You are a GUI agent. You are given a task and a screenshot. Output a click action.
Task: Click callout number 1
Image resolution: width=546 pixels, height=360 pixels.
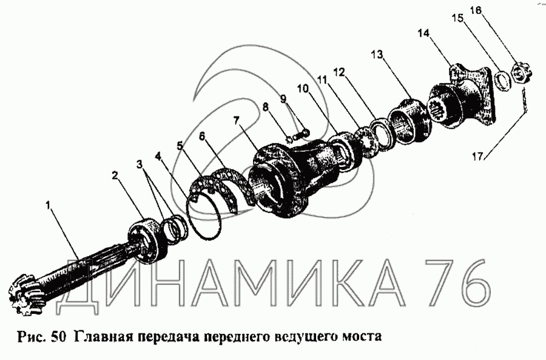pyautogui.click(x=49, y=206)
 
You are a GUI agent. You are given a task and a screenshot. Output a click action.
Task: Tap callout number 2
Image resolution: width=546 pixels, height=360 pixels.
pyautogui.click(x=115, y=175)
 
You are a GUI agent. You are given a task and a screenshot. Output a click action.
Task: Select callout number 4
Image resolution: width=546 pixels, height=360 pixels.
pyautogui.click(x=158, y=156)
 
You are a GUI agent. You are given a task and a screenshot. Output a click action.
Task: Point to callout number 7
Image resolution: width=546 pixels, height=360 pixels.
pyautogui.click(x=237, y=121)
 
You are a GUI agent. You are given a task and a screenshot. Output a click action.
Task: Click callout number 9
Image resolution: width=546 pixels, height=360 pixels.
pyautogui.click(x=283, y=98)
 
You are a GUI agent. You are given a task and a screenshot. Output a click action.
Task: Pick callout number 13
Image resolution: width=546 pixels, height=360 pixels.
pyautogui.click(x=377, y=55)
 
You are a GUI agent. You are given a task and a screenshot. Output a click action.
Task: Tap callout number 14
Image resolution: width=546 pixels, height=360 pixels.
pyautogui.click(x=424, y=33)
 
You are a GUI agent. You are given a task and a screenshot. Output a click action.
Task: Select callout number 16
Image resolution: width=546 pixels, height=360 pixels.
pyautogui.click(x=476, y=10)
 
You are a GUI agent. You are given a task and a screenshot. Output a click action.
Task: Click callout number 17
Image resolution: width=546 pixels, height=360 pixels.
pyautogui.click(x=478, y=157)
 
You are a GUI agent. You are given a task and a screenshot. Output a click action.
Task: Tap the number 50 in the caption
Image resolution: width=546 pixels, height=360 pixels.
pyautogui.click(x=59, y=337)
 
